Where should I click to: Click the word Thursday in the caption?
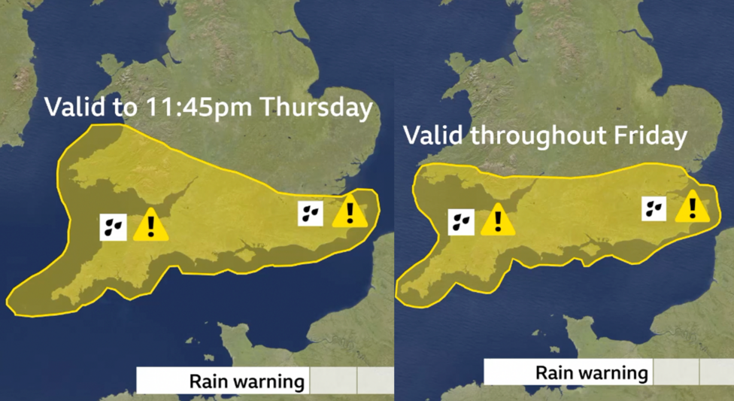click(x=316, y=107)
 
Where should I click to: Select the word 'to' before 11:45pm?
click(x=126, y=108)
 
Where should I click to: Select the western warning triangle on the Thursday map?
click(x=150, y=225)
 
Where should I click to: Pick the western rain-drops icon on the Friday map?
click(x=461, y=222)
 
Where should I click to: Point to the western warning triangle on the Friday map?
click(x=496, y=220)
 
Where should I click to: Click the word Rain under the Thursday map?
click(x=205, y=381)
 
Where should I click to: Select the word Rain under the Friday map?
click(x=551, y=372)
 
